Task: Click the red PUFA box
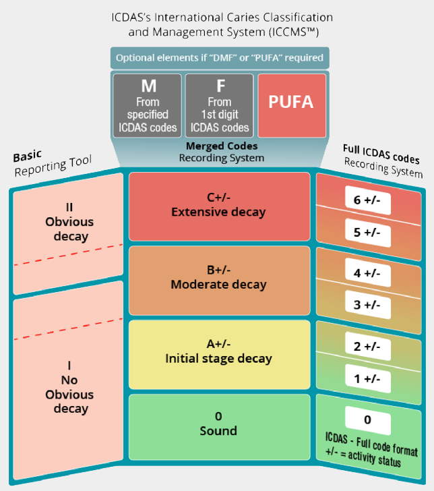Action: point(292,105)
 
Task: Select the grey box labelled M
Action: point(147,105)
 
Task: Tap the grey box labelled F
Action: point(220,105)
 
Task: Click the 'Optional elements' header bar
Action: point(220,57)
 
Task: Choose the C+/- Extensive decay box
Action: point(218,205)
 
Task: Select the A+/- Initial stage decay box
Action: point(218,351)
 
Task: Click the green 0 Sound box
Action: point(218,424)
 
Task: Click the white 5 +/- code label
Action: point(367,233)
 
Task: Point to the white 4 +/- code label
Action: point(367,273)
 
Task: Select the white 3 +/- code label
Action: point(367,304)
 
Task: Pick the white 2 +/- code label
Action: point(367,347)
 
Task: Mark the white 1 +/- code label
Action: point(367,378)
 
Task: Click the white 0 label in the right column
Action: point(367,420)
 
